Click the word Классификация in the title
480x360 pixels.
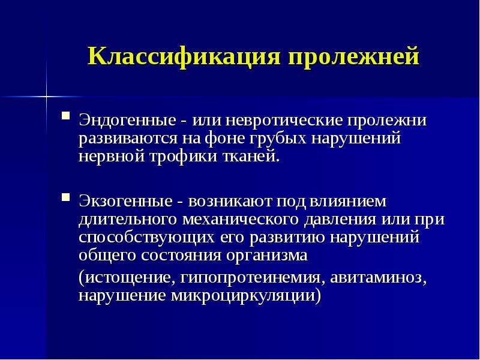184,57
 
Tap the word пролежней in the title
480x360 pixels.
353,56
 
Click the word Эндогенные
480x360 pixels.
127,121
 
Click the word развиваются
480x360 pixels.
128,139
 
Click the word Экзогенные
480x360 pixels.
125,202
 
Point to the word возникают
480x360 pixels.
230,202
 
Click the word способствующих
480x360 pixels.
146,238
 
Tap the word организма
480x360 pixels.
266,256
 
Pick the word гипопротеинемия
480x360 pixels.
250,278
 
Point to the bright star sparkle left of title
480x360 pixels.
47,97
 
